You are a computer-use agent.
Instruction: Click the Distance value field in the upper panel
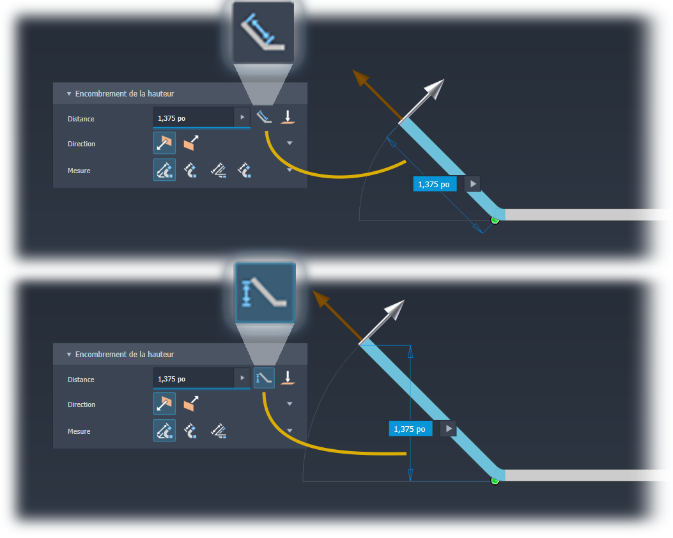(x=194, y=118)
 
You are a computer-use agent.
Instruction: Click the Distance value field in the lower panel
(x=194, y=378)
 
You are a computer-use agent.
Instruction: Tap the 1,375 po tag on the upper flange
(x=435, y=185)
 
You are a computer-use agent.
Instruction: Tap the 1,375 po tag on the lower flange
(x=410, y=429)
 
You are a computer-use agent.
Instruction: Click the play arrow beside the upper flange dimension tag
(x=473, y=184)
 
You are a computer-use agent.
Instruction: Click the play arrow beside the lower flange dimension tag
(x=449, y=429)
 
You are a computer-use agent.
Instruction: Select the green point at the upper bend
(x=495, y=220)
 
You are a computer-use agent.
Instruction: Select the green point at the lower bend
(x=495, y=481)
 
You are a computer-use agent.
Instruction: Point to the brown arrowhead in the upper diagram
(x=360, y=78)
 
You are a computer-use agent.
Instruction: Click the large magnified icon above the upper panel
(x=263, y=33)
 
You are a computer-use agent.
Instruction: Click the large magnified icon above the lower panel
(x=265, y=293)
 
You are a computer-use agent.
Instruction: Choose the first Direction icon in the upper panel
(x=164, y=143)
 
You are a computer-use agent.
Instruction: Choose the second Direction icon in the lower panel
(x=191, y=404)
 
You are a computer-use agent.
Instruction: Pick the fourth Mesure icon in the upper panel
(x=245, y=170)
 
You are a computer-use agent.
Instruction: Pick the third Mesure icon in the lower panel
(x=219, y=431)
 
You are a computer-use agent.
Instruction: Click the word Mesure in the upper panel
(x=79, y=171)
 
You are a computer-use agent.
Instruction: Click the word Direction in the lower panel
(x=82, y=404)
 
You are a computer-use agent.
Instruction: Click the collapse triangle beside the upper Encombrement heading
(x=68, y=93)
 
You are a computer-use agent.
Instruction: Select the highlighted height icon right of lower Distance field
(x=264, y=378)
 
